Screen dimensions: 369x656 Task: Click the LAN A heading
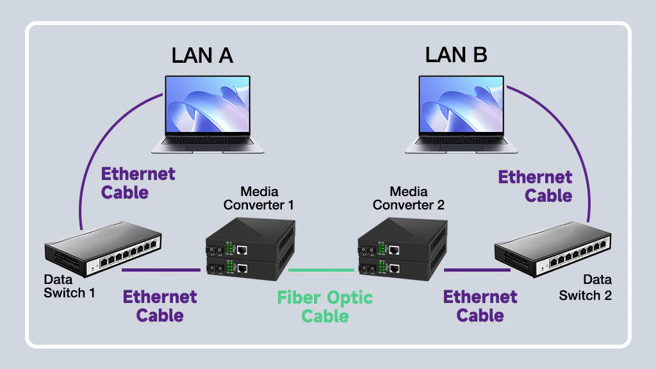point(202,55)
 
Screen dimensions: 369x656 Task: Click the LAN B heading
point(455,55)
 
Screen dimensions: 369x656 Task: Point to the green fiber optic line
point(321,270)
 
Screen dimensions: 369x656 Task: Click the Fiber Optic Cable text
point(325,306)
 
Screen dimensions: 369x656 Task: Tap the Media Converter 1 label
point(259,198)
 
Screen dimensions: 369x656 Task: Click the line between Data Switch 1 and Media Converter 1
point(161,270)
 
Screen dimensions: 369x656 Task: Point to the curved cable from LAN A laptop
point(96,154)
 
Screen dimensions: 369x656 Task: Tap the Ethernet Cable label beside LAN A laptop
point(138,183)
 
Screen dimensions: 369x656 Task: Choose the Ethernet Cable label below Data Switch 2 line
point(480,306)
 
